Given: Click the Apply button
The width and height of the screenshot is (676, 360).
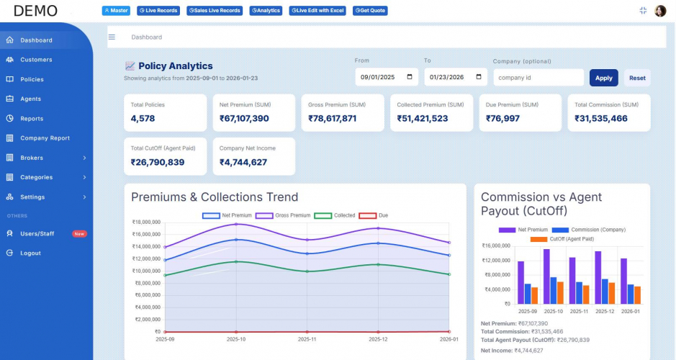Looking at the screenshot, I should coord(603,78).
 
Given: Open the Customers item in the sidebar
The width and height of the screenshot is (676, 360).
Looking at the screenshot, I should coord(36,60).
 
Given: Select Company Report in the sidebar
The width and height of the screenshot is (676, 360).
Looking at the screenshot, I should coord(45,138).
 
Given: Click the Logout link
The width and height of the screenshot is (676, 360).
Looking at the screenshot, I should coord(30,253).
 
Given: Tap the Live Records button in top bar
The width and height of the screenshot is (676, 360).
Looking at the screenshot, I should coord(158,11).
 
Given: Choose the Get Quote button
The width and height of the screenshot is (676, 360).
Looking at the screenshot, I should coord(370,11).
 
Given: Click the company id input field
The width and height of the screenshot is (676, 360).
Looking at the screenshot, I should coord(538,78).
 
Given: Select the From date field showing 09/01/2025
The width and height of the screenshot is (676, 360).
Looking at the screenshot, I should coord(386,78).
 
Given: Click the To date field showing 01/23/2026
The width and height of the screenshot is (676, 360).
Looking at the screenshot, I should coord(455,78).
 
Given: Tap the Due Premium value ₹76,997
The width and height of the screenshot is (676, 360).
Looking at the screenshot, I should coord(503,119).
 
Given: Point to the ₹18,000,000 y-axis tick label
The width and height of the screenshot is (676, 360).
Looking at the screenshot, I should coord(146,222).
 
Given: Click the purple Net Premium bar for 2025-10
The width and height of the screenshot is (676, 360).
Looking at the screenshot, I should coord(546,276).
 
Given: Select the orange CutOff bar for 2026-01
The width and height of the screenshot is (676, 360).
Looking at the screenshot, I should coord(637,295).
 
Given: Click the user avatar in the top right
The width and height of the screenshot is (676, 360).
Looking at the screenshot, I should coord(660,11).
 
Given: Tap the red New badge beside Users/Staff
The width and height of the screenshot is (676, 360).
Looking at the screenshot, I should coord(79,234).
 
